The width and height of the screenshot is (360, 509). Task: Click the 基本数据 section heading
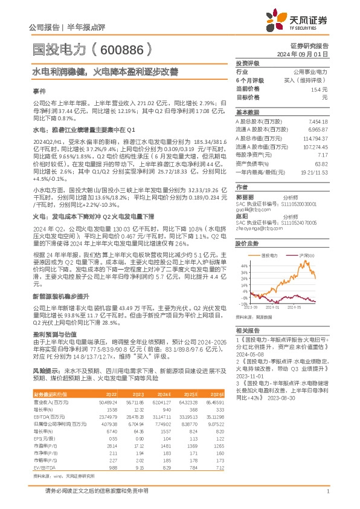click(246, 112)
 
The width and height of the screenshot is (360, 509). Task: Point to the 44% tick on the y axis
click(243, 265)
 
